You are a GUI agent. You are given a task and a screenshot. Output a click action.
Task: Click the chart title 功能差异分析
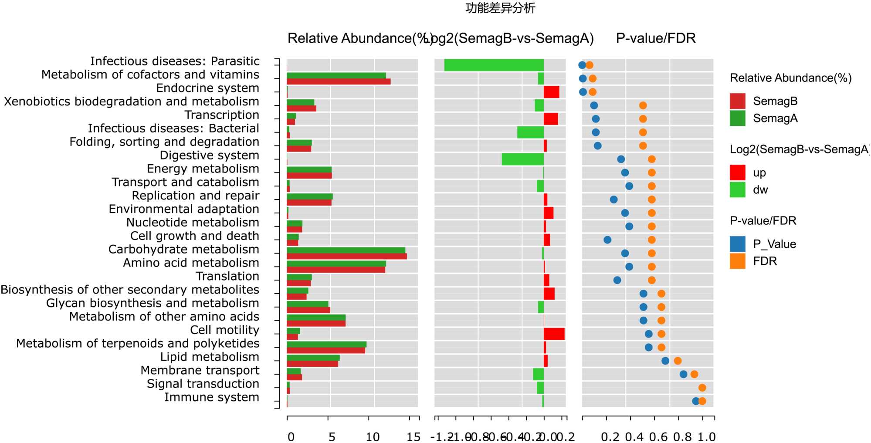point(500,8)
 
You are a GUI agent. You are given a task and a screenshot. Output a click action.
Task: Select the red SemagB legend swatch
point(737,101)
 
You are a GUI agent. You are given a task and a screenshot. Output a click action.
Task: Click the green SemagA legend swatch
point(737,118)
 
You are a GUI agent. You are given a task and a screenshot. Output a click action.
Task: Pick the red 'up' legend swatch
point(737,172)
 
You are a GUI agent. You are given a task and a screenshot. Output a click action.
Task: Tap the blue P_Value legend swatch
point(737,244)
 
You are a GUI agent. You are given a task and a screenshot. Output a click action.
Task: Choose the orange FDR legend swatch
point(737,261)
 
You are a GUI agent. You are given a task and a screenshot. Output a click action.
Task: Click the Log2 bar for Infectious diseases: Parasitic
point(494,65)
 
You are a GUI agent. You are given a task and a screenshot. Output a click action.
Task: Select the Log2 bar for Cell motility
point(554,334)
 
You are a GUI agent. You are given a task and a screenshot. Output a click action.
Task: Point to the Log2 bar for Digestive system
point(522,159)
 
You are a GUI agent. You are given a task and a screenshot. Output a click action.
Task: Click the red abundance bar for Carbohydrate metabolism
point(346,256)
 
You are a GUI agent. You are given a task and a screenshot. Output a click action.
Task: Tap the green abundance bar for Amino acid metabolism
point(336,264)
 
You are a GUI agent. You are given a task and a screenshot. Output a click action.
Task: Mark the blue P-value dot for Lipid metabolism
point(665,361)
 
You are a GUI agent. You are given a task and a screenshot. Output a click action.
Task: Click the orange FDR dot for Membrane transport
point(694,374)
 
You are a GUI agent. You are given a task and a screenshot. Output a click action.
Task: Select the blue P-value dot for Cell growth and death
point(607,240)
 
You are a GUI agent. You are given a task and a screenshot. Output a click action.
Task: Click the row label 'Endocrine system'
point(207,88)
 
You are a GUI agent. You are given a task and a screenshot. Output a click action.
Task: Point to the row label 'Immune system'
point(211,397)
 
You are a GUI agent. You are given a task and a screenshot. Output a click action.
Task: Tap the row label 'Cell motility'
point(224,330)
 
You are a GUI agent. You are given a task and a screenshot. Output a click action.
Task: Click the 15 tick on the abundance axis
point(413,436)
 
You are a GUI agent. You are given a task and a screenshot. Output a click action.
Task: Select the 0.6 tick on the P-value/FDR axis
point(658,436)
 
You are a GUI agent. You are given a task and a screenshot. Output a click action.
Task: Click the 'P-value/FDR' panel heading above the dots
point(655,38)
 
